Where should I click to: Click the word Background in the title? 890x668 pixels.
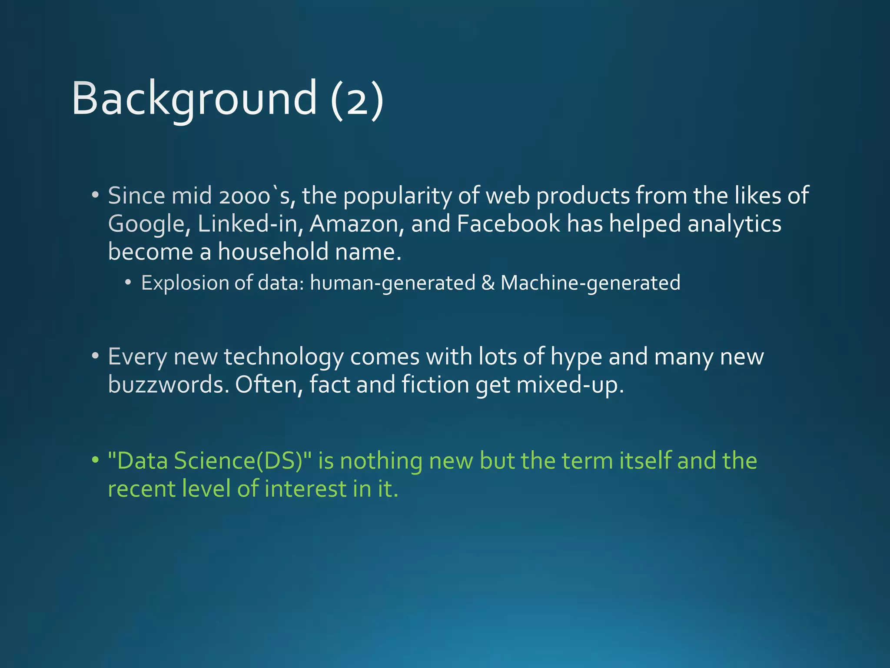pos(194,99)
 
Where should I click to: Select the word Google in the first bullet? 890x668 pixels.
pos(149,224)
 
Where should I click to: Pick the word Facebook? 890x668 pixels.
pos(508,224)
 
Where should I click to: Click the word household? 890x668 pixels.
pos(273,252)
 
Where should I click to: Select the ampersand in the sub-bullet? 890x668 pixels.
pos(488,283)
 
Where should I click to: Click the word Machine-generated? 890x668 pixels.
pos(590,283)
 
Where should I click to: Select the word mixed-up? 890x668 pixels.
pos(570,385)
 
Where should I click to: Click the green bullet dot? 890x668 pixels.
pos(95,460)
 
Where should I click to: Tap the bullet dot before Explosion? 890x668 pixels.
pos(128,283)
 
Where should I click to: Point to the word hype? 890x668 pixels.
pos(576,357)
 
